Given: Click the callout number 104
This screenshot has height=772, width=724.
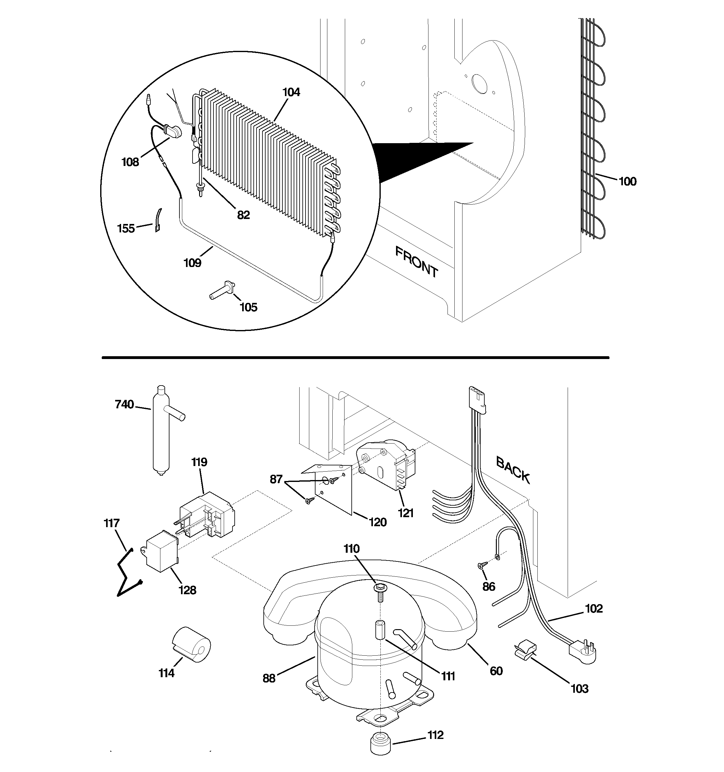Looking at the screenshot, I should (291, 92).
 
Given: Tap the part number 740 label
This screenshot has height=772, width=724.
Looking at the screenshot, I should (124, 405).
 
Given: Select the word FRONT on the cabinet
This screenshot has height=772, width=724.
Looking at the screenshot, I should (417, 262).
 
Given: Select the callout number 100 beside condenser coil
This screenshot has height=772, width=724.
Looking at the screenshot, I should (627, 181).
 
